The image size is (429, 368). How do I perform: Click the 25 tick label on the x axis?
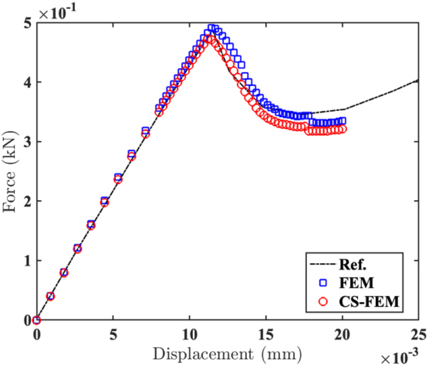pyautogui.click(x=418, y=334)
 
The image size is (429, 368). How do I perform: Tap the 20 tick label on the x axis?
pyautogui.click(x=342, y=334)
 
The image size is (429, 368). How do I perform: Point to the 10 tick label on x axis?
pyautogui.click(x=189, y=334)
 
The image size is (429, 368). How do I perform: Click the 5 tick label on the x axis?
pyautogui.click(x=113, y=334)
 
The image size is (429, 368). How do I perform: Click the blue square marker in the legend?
pyautogui.click(x=319, y=282)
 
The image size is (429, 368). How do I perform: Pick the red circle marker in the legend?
pyautogui.click(x=319, y=302)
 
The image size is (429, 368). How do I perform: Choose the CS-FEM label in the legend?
pyautogui.click(x=371, y=302)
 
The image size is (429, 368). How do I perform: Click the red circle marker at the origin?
pyautogui.click(x=37, y=320)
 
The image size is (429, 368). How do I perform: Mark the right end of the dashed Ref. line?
pyautogui.click(x=418, y=80)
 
